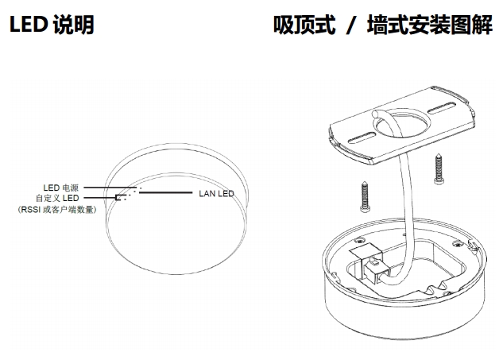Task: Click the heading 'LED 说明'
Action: pos(51,25)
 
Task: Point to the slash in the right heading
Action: pos(349,25)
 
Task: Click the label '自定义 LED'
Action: pos(56,198)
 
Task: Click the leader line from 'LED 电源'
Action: pos(107,188)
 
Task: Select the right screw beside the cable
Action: pos(439,168)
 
